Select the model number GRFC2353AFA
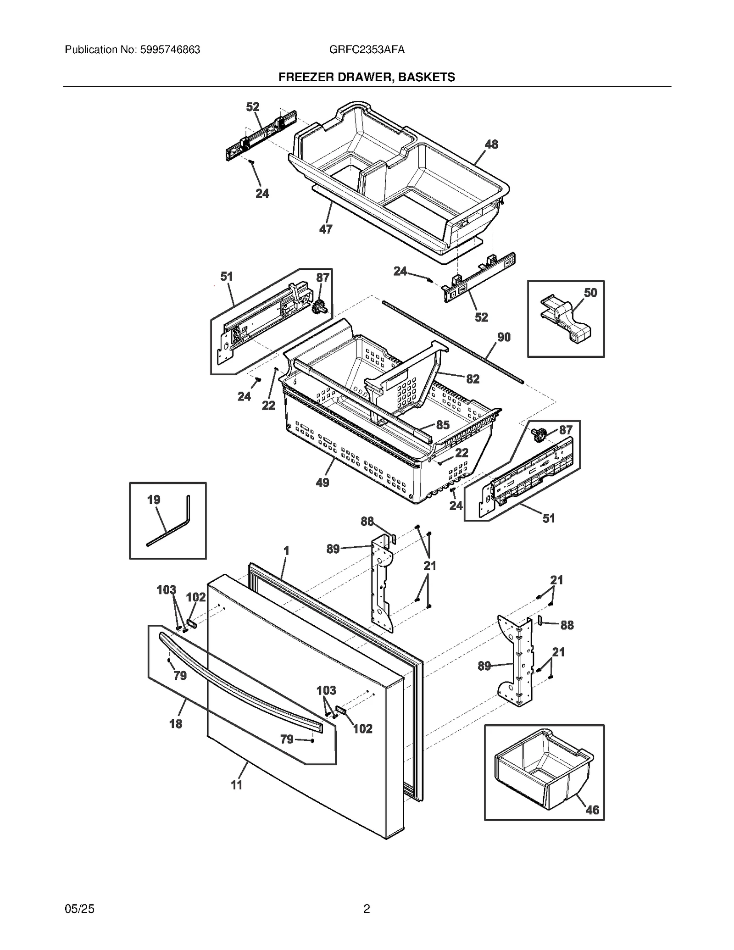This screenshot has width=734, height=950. coord(367,50)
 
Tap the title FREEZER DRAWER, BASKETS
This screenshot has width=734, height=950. coord(367,77)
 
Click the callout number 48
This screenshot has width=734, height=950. coord(491,144)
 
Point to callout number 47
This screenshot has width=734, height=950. coord(326,229)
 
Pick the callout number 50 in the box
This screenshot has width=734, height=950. coord(590,293)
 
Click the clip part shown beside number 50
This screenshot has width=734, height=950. coord(565,319)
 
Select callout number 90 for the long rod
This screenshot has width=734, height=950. coord(503,337)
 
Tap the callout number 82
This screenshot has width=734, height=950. coord(473,379)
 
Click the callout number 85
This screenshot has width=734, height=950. coord(443,425)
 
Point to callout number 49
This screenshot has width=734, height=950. coord(323,483)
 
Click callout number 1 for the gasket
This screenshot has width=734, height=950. coord(286,550)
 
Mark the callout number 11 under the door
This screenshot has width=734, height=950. coord(236,785)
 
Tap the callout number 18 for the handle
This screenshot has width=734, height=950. coord(176,724)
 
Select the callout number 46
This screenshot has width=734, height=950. coord(592,810)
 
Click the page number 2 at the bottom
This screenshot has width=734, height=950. coord(367,908)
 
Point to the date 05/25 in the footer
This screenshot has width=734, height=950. coord(79,908)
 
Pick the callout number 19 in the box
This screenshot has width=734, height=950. coord(153,500)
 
